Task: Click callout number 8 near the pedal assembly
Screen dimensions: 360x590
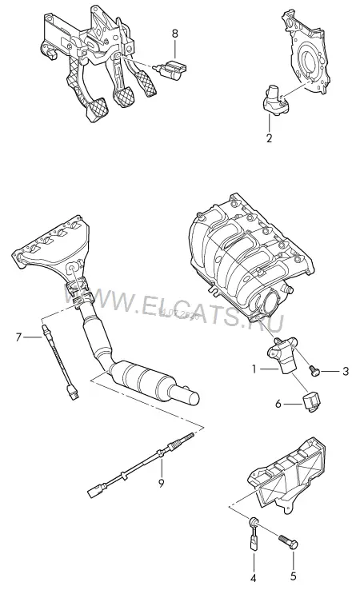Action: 174,34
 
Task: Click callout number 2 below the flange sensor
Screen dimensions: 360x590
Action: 269,138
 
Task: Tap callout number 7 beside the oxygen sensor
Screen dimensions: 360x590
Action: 19,337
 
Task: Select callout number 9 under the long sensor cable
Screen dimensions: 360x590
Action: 161,483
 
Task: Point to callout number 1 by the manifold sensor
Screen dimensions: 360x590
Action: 254,369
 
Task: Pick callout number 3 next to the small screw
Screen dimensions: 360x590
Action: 346,372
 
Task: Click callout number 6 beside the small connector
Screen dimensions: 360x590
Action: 278,404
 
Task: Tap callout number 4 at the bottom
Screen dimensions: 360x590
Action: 253,578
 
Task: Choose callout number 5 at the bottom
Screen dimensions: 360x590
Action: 294,576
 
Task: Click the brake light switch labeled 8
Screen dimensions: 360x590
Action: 171,69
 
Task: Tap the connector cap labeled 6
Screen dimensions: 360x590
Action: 310,401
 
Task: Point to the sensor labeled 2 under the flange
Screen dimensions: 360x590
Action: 276,99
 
